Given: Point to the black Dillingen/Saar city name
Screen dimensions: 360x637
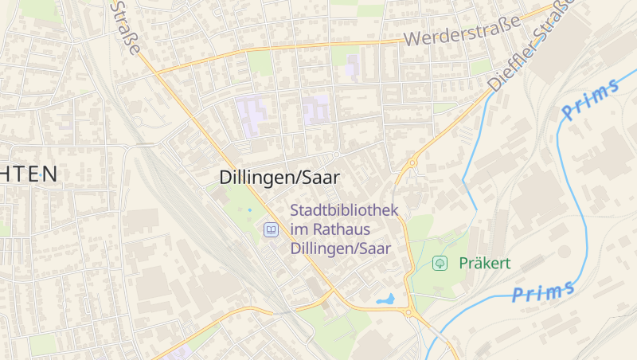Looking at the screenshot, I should point(279,178).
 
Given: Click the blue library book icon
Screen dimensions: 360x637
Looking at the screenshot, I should point(271,230).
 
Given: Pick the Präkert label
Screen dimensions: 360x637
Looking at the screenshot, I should point(484,263).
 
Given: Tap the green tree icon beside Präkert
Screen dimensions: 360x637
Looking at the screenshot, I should point(439,263).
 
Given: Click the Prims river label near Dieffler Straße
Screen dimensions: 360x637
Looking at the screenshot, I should point(590,100).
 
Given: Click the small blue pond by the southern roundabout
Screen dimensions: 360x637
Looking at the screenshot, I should point(385,300).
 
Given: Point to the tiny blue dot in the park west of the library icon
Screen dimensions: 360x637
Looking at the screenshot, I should point(249,209).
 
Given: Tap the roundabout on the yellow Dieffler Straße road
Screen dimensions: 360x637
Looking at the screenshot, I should point(412,163).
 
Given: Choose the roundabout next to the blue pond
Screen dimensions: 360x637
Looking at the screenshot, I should point(408,313).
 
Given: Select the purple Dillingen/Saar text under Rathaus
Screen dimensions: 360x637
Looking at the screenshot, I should point(341,248).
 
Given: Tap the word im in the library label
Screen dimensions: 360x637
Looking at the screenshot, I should point(300,230).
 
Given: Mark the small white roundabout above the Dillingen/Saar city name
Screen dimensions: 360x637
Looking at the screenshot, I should point(337,154).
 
